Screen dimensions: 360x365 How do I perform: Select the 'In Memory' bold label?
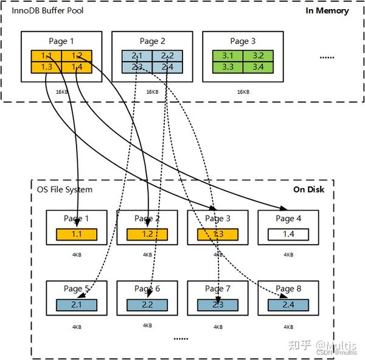pyautogui.click(x=327, y=11)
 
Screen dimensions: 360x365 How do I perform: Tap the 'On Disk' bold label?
pyautogui.click(x=309, y=189)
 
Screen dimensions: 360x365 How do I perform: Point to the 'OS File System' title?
pyautogui.click(x=65, y=189)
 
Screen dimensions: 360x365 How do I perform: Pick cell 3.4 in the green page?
pyautogui.click(x=256, y=67)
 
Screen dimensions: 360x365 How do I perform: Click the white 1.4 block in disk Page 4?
pyautogui.click(x=288, y=234)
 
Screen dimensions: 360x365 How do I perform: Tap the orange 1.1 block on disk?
pyautogui.click(x=77, y=234)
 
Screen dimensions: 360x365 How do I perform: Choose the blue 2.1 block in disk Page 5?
pyautogui.click(x=77, y=304)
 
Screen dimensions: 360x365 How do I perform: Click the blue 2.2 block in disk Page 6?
pyautogui.click(x=147, y=304)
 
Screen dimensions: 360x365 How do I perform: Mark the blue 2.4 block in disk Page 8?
pyautogui.click(x=288, y=304)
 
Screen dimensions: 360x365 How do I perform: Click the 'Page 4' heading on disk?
pyautogui.click(x=288, y=219)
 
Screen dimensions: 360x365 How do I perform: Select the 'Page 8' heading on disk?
pyautogui.click(x=288, y=289)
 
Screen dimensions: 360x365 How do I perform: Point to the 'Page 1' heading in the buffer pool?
pyautogui.click(x=61, y=41)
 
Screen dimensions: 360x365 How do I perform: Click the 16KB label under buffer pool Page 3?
pyautogui.click(x=242, y=91)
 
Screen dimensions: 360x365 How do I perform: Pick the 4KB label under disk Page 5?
pyautogui.click(x=77, y=327)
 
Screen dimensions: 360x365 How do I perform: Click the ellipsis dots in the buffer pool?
pyautogui.click(x=327, y=58)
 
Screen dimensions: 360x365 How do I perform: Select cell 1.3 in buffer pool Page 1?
pyautogui.click(x=46, y=67)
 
